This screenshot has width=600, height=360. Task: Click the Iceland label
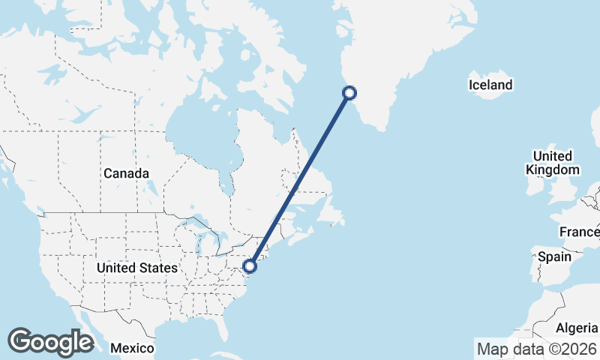click(x=490, y=85)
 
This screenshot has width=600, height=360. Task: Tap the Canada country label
click(x=126, y=173)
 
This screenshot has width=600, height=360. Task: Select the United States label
click(x=137, y=268)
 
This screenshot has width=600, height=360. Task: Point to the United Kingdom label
click(x=553, y=163)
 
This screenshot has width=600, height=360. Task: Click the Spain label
click(x=554, y=256)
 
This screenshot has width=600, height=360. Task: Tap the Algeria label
click(x=576, y=328)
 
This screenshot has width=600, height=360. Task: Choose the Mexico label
click(x=132, y=349)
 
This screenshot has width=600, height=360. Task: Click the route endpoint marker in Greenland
click(x=349, y=93)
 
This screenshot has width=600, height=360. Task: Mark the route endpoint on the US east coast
click(x=250, y=265)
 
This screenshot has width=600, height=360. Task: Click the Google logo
click(x=50, y=342)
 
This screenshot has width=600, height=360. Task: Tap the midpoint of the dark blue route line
click(x=300, y=179)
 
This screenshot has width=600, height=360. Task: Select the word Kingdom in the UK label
click(x=553, y=169)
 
